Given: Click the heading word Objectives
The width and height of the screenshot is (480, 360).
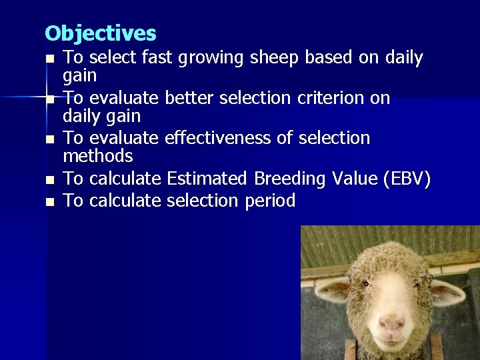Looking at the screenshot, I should (x=100, y=33).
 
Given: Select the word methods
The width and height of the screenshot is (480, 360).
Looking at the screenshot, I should (x=98, y=156).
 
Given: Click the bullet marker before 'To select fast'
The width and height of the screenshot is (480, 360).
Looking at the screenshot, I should (x=49, y=59).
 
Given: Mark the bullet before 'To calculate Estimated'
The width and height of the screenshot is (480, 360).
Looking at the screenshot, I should (x=49, y=180).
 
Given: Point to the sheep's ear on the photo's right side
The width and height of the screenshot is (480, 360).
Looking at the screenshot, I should (x=448, y=291).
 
